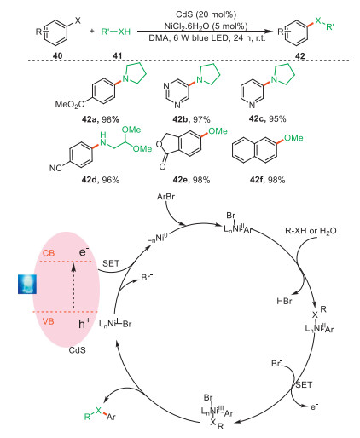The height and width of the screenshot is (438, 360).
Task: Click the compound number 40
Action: click(57, 55)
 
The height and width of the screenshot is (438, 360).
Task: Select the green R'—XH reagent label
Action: click(116, 32)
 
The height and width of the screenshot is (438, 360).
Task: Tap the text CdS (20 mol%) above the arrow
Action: click(206, 14)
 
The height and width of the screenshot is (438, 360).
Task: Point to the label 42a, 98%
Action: click(101, 119)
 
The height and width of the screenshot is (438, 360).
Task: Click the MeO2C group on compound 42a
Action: click(70, 105)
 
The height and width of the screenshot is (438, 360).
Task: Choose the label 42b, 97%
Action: click(191, 119)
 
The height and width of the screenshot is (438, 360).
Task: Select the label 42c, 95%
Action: click(267, 118)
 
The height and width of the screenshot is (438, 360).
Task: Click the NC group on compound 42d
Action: click(55, 168)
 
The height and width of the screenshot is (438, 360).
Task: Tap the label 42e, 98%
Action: click(191, 180)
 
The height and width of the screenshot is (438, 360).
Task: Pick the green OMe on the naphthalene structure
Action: click(293, 138)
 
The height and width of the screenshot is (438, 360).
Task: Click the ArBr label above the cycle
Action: click(165, 197)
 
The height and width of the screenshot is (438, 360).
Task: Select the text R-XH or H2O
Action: click(311, 231)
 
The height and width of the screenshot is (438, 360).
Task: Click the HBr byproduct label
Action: click(284, 301)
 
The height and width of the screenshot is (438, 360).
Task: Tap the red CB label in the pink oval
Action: click(49, 253)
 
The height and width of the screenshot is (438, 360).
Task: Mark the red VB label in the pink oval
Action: click(49, 321)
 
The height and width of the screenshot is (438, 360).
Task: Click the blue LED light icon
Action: click(27, 284)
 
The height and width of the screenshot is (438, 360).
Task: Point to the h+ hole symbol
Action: click(84, 323)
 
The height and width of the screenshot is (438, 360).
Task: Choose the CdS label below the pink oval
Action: click(77, 350)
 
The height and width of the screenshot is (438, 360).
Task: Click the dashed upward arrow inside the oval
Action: click(73, 286)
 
